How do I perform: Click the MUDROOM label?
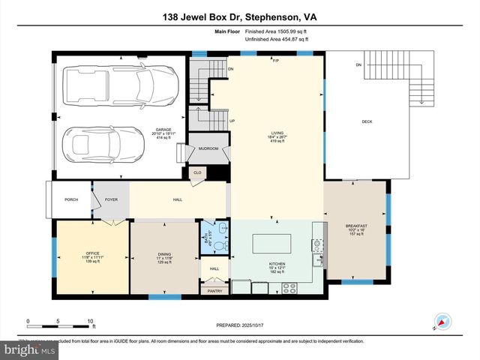[x=208, y=148]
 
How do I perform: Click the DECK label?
[x=367, y=122]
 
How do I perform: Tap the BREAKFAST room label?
[x=355, y=226]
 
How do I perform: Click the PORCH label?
[x=71, y=199]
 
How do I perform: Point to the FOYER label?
[x=111, y=199]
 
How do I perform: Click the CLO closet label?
[x=197, y=172]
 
